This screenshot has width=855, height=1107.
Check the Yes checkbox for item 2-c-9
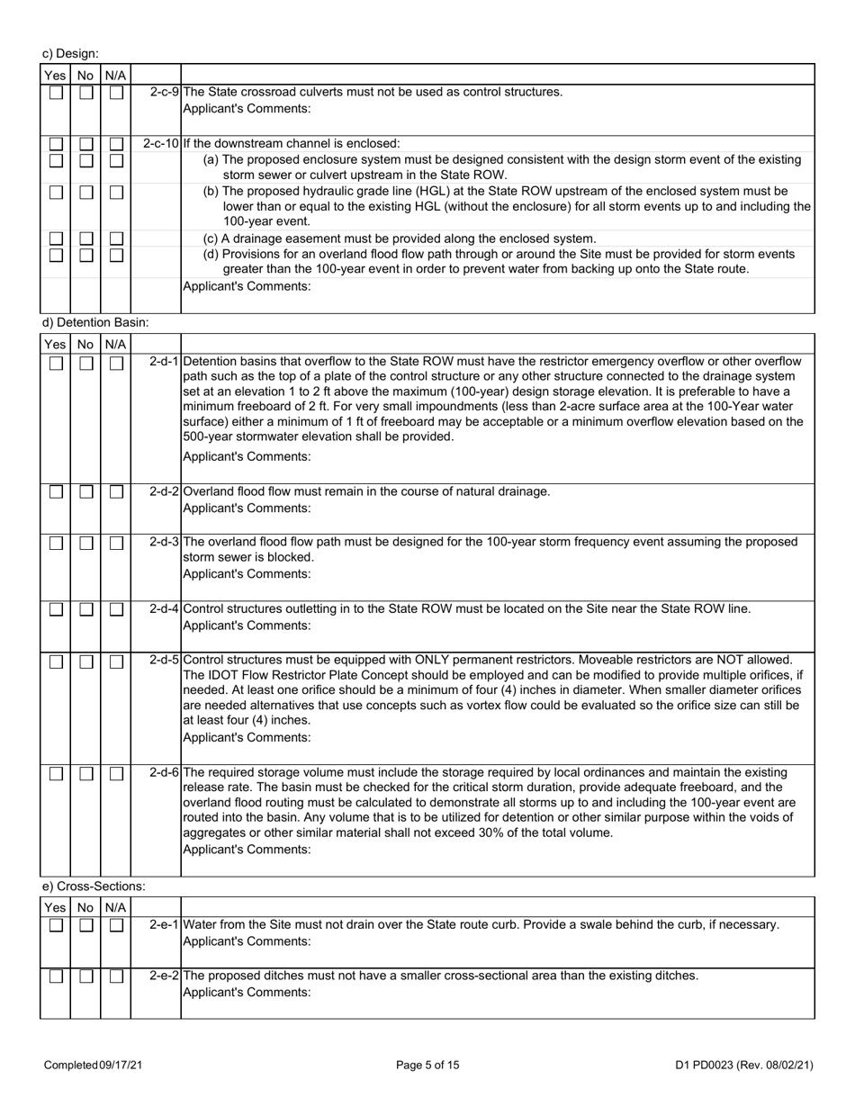pyautogui.click(x=56, y=93)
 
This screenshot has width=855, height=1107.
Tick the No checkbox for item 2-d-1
pyautogui.click(x=85, y=363)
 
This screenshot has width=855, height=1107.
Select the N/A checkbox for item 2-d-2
pyautogui.click(x=116, y=492)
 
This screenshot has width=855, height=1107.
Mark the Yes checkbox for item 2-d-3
pyautogui.click(x=56, y=543)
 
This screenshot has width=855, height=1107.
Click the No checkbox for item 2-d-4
pyautogui.click(x=85, y=609)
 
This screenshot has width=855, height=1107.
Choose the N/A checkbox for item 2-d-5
pyautogui.click(x=116, y=661)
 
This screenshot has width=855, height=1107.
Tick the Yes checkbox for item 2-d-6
pyautogui.click(x=56, y=773)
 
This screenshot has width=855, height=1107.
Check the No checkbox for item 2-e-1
pyautogui.click(x=85, y=925)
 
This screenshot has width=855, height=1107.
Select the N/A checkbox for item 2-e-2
pyautogui.click(x=116, y=976)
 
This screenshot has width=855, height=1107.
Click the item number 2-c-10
pyautogui.click(x=161, y=143)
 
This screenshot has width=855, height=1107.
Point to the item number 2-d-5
pyautogui.click(x=164, y=661)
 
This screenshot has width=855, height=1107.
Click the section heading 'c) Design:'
pyautogui.click(x=71, y=54)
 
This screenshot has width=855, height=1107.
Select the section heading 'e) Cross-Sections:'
pyautogui.click(x=94, y=886)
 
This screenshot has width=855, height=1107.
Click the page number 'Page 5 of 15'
pyautogui.click(x=427, y=1065)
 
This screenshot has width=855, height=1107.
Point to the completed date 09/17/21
pyautogui.click(x=120, y=1065)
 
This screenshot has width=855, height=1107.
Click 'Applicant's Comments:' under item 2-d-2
pyautogui.click(x=247, y=508)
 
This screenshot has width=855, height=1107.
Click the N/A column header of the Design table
pyautogui.click(x=115, y=76)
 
